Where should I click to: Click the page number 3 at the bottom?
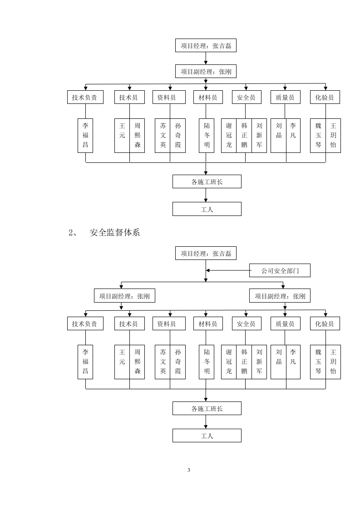(x=188, y=470)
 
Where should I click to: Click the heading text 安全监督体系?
(x=114, y=233)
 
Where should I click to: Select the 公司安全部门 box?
(x=280, y=271)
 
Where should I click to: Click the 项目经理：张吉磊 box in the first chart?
(x=206, y=45)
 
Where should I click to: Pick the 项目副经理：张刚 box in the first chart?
(x=206, y=71)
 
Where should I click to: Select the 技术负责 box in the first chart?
(x=85, y=97)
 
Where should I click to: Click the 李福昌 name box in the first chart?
(x=85, y=136)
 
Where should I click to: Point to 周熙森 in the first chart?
(x=137, y=136)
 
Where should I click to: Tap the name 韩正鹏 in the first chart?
(x=244, y=136)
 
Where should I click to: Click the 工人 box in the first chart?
(x=207, y=209)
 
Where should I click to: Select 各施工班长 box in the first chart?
(x=207, y=182)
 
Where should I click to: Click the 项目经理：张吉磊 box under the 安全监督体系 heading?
(x=206, y=254)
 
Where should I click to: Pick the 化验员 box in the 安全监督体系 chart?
(x=325, y=323)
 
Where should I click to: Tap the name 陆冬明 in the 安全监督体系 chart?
(x=207, y=362)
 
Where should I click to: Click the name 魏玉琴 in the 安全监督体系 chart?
(x=318, y=362)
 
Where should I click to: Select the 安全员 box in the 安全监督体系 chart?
(x=246, y=323)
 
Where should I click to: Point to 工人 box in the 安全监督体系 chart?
(x=207, y=436)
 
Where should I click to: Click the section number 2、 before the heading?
(x=74, y=233)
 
